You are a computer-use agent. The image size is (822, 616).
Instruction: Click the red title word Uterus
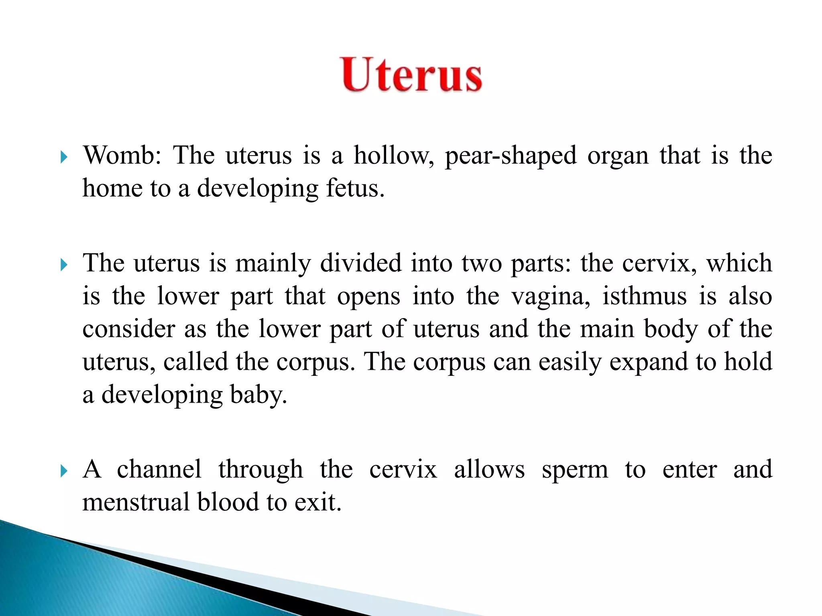[412, 75]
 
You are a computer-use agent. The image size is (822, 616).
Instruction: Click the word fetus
[355, 188]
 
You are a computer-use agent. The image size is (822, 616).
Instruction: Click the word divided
[361, 263]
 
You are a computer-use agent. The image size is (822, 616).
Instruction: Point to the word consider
[128, 329]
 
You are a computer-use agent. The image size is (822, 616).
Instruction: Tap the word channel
[159, 469]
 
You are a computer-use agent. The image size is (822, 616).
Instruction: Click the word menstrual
[136, 502]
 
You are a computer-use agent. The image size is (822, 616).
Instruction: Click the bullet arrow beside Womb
[63, 157]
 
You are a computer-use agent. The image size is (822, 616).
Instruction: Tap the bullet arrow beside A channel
[63, 471]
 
